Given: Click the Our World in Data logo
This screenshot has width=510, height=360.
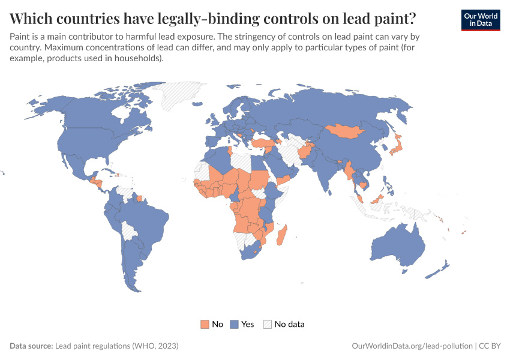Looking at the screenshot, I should click(x=480, y=19).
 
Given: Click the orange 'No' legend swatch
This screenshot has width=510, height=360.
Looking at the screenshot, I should click(x=205, y=324).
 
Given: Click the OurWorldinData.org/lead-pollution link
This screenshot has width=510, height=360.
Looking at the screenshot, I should click(x=412, y=346).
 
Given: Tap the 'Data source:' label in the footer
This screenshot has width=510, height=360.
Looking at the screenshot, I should click(x=31, y=346).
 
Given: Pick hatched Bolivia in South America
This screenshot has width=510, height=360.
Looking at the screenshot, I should click(x=128, y=230).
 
